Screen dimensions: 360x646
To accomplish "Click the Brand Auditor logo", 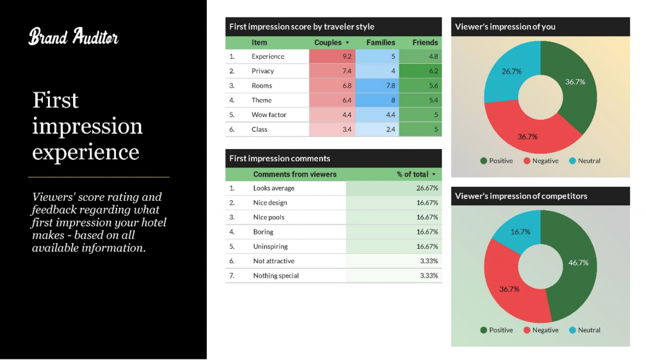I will click(73, 37).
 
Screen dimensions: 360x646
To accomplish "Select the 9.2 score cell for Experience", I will click(332, 56).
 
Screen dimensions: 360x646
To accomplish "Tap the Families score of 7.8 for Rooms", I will click(377, 85).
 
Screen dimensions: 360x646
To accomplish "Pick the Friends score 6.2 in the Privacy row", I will click(420, 71).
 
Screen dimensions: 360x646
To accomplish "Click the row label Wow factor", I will click(269, 115).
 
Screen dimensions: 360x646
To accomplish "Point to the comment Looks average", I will click(274, 188).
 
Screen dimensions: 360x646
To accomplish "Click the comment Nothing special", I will click(276, 275).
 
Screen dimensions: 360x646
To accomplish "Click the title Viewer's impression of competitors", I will click(521, 196).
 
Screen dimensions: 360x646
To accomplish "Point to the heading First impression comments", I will click(279, 159).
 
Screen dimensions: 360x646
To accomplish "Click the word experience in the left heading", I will click(86, 152).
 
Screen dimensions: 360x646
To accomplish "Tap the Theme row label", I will click(261, 100).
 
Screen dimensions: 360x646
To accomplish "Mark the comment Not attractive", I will click(273, 261).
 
